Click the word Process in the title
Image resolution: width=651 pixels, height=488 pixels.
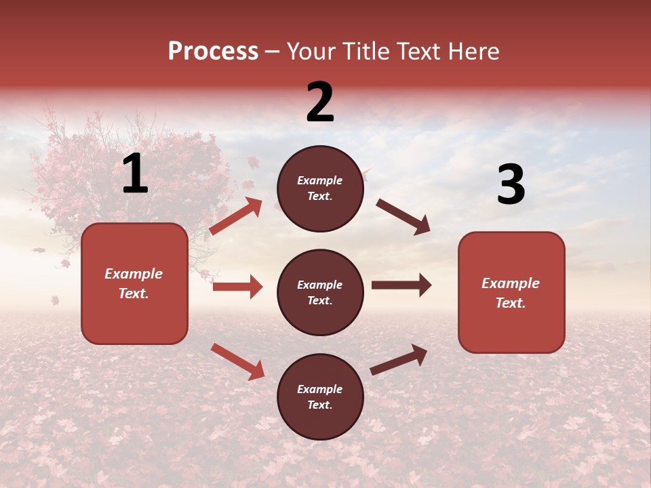[x=213, y=52]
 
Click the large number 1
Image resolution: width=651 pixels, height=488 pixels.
[x=135, y=174]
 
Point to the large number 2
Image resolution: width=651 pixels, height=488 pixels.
[x=320, y=102]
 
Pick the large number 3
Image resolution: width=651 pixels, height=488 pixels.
[x=511, y=184]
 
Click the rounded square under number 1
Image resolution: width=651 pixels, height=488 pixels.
[x=134, y=283]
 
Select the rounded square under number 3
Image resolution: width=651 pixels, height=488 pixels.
[x=511, y=292]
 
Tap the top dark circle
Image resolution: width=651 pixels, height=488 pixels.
[x=320, y=188]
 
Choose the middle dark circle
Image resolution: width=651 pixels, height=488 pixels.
[x=320, y=292]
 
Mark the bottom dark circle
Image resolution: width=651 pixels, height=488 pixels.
[x=320, y=396]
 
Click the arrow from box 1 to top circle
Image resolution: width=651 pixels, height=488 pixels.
[x=235, y=216]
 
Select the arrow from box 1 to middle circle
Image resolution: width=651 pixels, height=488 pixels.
[x=237, y=287]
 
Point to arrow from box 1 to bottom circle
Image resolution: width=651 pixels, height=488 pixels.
[x=237, y=361]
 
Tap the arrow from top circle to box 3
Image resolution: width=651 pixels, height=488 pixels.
[x=403, y=217]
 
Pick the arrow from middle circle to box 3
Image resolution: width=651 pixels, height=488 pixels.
[x=401, y=285]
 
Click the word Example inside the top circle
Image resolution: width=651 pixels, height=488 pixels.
[x=320, y=181]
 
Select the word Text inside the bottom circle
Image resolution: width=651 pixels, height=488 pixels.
[x=319, y=405]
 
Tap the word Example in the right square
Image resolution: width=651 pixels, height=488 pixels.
[x=511, y=283]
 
